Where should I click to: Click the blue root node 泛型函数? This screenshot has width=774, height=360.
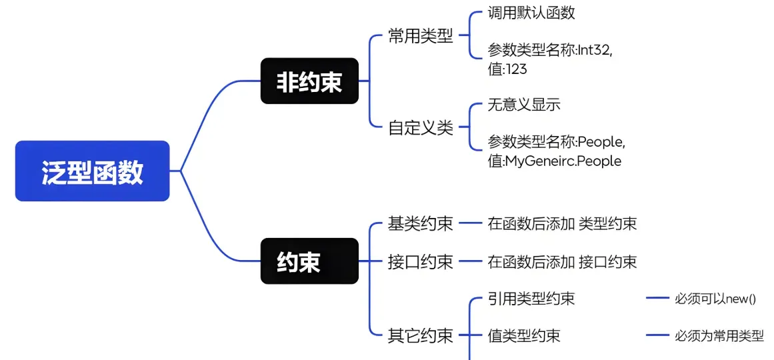[x=92, y=171]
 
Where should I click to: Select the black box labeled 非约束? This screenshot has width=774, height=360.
[x=309, y=81]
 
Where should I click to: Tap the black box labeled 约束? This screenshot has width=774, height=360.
[x=309, y=261]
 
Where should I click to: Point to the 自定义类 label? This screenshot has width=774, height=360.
[x=421, y=127]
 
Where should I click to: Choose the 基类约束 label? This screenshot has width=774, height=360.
[x=421, y=224]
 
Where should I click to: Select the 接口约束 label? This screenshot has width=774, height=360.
[x=421, y=261]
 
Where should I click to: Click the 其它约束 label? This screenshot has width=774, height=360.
[x=421, y=336]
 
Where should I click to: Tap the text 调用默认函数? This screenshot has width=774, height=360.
[x=531, y=13]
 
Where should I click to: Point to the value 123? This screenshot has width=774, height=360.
[x=516, y=69]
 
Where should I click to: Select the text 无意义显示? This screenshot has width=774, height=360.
[x=524, y=105]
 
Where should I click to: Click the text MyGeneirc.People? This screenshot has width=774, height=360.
[x=563, y=161]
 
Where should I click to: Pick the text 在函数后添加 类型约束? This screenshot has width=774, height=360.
[x=562, y=224]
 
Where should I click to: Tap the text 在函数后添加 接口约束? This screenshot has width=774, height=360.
[x=562, y=261]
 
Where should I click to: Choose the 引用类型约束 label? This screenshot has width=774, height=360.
[x=531, y=299]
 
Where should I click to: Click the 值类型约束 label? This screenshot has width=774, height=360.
[x=524, y=336]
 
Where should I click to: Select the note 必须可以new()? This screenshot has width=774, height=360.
[x=715, y=299]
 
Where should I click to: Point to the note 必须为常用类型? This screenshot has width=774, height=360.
[x=719, y=336]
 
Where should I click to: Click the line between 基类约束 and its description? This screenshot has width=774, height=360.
[x=471, y=224]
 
